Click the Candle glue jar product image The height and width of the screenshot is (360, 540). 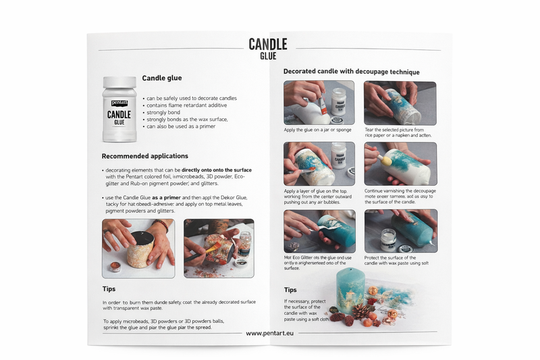(119, 109)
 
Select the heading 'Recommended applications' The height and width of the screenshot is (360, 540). (145, 156)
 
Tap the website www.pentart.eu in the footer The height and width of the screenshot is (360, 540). (269, 333)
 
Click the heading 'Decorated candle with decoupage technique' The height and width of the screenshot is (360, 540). (351, 72)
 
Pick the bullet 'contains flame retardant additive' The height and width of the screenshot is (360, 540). (191, 105)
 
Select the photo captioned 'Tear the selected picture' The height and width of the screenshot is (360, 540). (400, 103)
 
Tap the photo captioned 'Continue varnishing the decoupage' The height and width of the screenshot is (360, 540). (400, 164)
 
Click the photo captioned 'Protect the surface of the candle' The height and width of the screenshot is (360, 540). (400, 231)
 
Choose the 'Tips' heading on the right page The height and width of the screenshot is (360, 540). (291, 289)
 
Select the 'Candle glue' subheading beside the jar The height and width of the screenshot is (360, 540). (161, 78)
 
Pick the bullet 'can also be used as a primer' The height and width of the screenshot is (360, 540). (181, 126)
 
